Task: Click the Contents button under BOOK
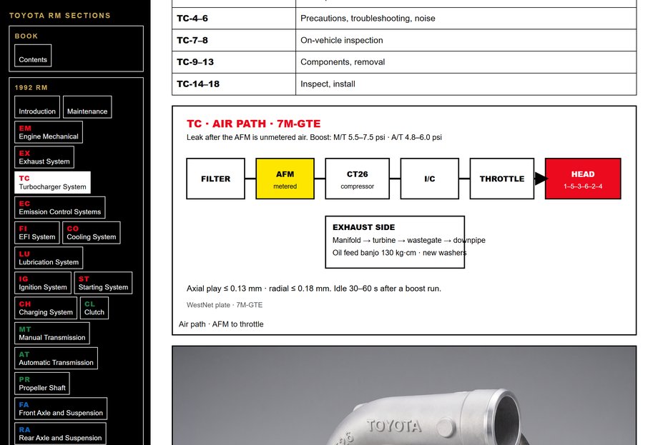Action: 33,55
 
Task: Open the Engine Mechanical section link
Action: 48,132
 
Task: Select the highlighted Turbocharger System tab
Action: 52,182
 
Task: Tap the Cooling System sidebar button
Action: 92,233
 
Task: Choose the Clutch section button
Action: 94,308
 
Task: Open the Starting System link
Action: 103,283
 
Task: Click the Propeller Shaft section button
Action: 42,384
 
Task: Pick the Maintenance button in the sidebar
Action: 87,107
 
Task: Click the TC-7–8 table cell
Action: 234,40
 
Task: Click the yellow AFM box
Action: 285,179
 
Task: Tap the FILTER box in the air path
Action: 216,179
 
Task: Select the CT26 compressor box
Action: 357,179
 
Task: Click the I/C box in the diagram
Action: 430,179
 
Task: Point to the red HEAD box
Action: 583,179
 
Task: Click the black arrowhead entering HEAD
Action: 541,179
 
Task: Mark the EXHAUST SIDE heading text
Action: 364,227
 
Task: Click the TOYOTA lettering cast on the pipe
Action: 393,426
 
